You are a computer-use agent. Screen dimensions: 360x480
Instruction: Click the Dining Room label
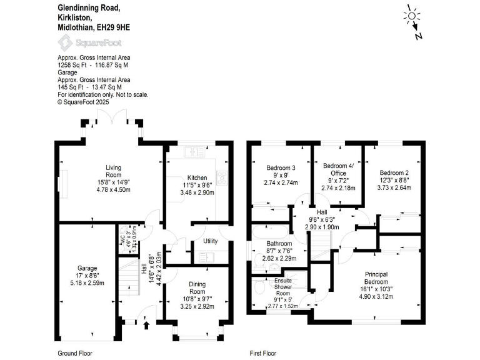[x=197, y=287]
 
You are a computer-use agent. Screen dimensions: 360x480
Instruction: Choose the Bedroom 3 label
[x=281, y=168]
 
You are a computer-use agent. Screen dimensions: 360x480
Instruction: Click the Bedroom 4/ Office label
[x=338, y=169]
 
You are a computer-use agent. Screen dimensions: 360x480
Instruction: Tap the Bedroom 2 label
[x=394, y=172]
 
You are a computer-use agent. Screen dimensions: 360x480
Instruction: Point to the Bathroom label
[x=279, y=243]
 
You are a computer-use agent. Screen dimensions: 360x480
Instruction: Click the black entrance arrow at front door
[x=146, y=324]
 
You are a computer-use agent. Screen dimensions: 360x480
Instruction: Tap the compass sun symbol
[x=412, y=15]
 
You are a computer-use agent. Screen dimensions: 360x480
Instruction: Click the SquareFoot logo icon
[x=65, y=42]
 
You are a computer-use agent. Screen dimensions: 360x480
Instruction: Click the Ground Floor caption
[x=75, y=353]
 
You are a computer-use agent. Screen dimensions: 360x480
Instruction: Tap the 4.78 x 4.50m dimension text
[x=113, y=189]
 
